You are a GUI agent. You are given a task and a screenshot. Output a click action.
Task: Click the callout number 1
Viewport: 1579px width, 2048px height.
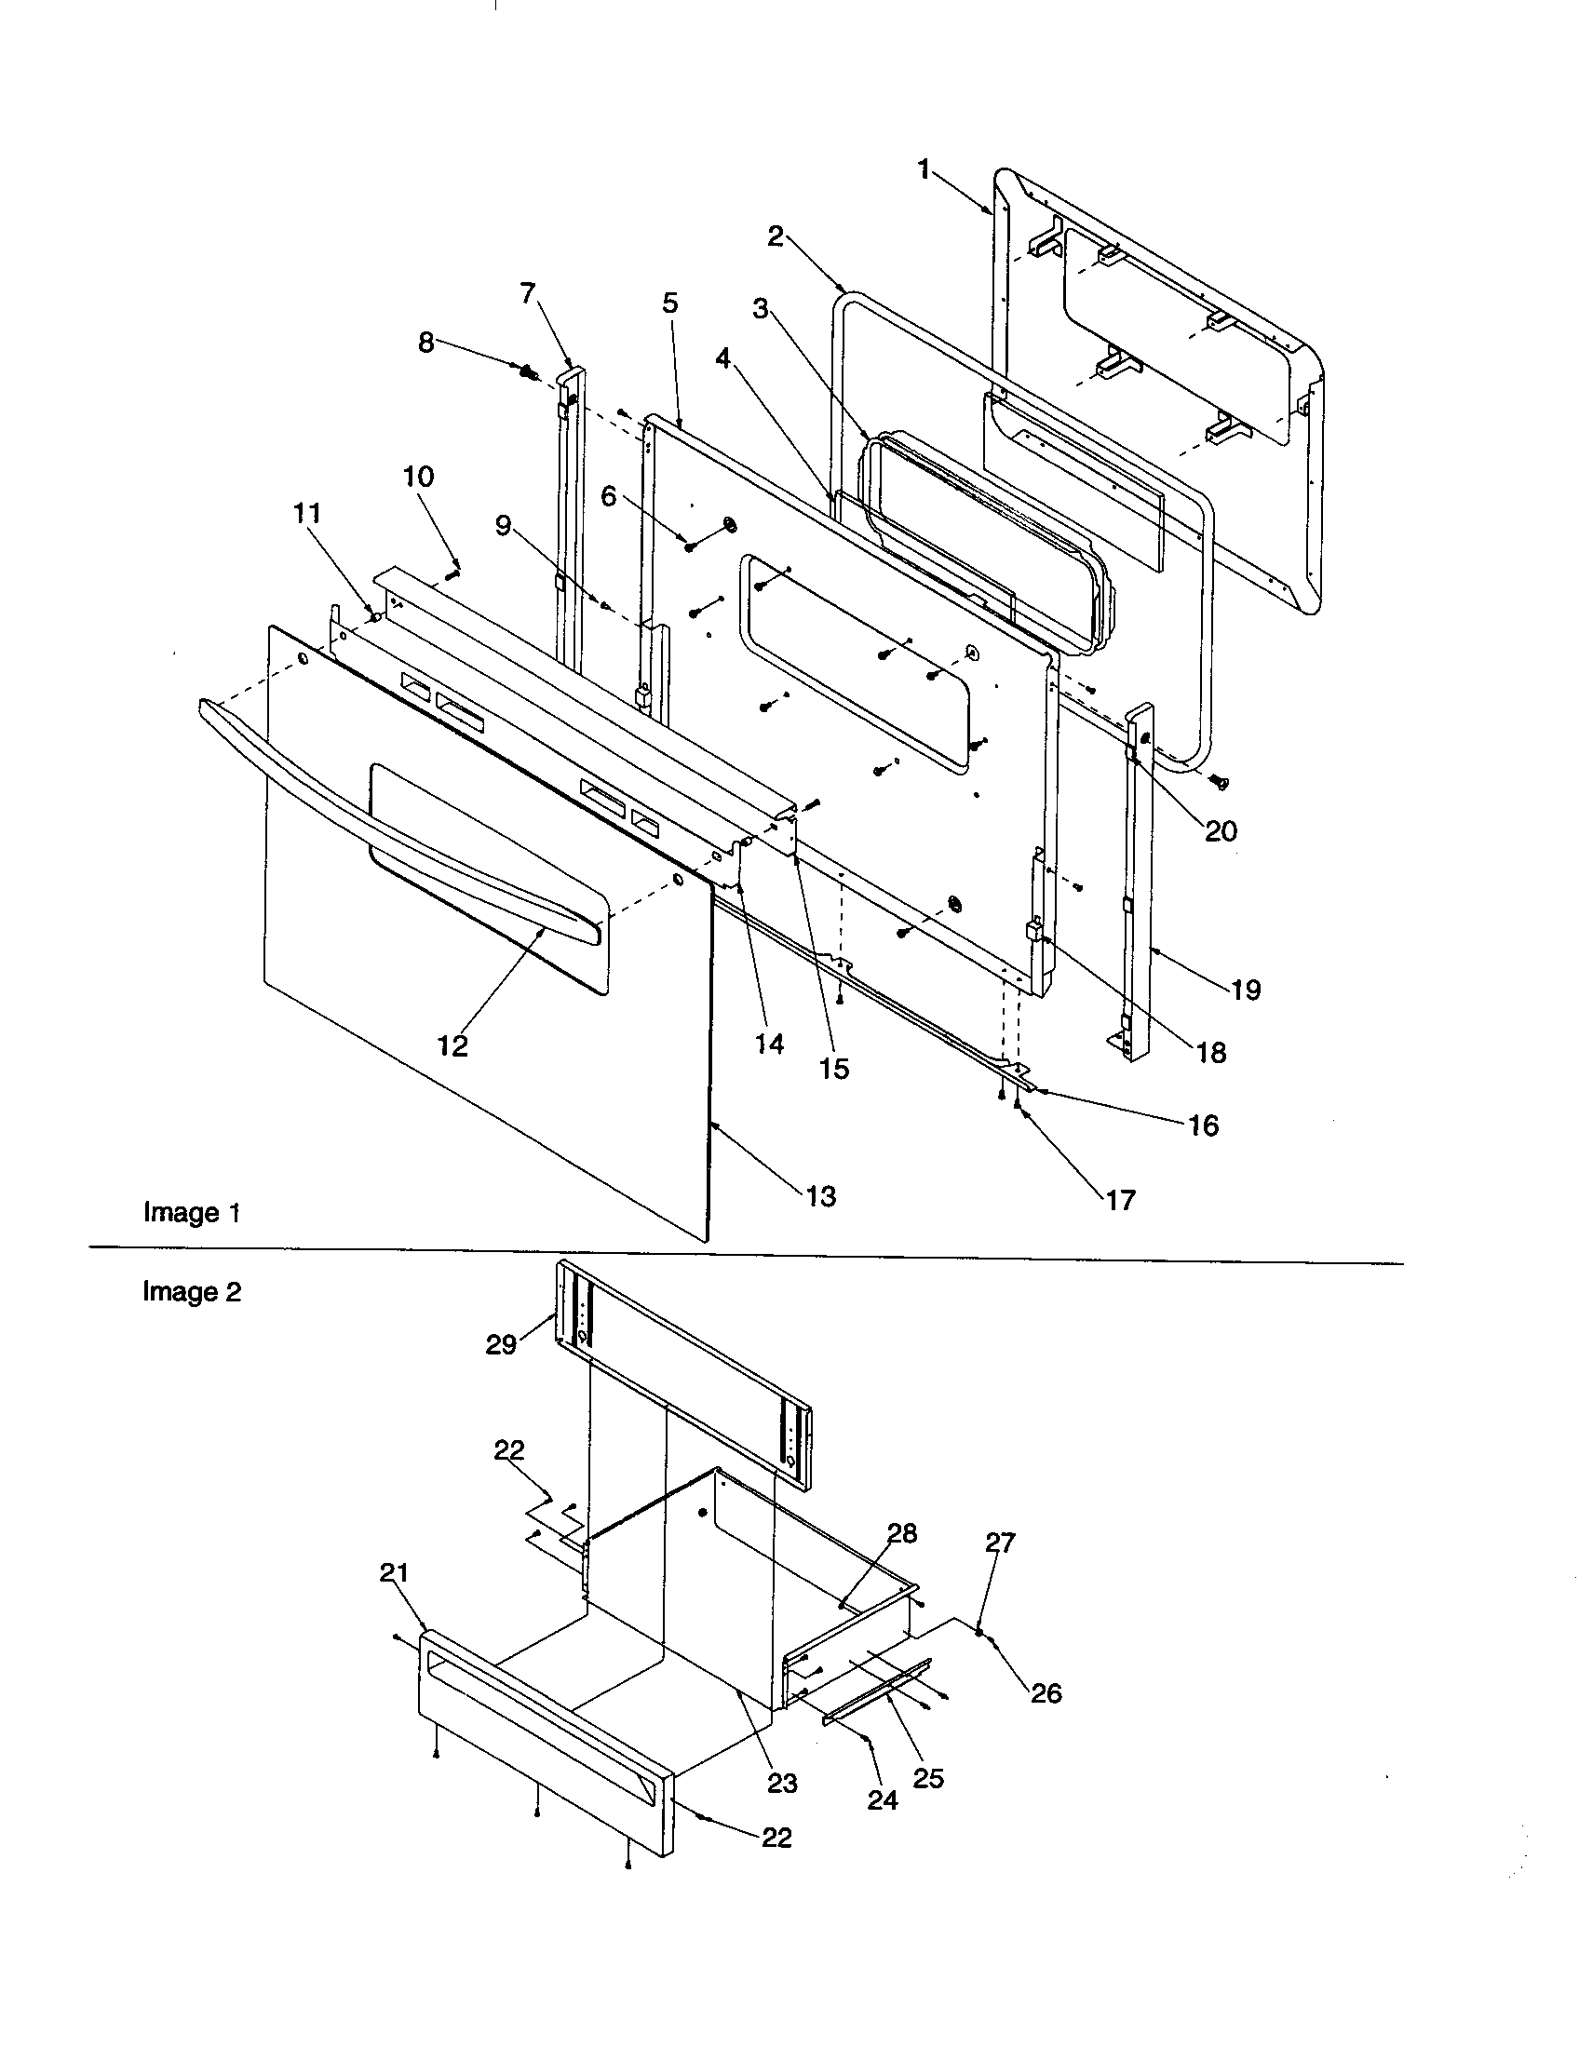click(x=924, y=170)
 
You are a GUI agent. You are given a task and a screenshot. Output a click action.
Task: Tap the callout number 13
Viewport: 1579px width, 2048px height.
click(x=820, y=1196)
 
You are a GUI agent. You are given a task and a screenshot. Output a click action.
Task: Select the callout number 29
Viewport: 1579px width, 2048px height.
click(x=501, y=1345)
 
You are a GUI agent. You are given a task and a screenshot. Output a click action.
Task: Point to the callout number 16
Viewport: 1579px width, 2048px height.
click(x=1203, y=1125)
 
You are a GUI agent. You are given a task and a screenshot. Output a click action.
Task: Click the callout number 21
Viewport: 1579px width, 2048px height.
click(x=394, y=1572)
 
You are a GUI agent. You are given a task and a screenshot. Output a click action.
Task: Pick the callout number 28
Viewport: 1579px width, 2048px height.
click(x=902, y=1533)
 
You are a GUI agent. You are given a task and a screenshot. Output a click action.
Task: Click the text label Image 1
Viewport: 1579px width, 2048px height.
click(x=192, y=1212)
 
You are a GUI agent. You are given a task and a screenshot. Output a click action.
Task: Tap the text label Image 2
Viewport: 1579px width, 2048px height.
click(x=192, y=1292)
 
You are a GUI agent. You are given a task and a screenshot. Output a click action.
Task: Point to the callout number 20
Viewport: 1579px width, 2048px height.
click(x=1221, y=830)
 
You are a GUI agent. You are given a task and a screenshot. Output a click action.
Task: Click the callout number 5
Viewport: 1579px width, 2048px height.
click(x=669, y=303)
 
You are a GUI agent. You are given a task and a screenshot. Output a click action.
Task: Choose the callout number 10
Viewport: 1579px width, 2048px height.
click(x=418, y=477)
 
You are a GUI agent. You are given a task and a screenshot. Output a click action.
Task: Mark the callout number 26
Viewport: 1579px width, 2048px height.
click(x=1046, y=1692)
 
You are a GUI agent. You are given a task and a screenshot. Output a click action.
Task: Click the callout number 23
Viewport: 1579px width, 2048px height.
click(x=782, y=1783)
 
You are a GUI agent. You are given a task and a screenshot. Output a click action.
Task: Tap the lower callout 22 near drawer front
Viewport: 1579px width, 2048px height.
click(x=776, y=1838)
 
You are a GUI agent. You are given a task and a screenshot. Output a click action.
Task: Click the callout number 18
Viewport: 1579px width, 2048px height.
click(x=1211, y=1053)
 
